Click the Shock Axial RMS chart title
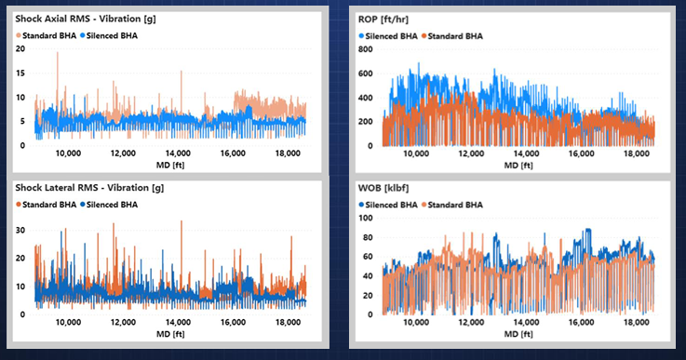click(86, 19)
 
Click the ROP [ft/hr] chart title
click(383, 20)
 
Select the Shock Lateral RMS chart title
click(89, 188)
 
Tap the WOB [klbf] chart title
click(383, 188)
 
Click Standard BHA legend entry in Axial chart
click(46, 36)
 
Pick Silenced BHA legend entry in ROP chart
click(388, 36)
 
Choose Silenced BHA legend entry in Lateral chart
click(109, 205)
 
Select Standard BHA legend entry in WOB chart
click(452, 205)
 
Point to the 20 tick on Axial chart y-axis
click(20, 49)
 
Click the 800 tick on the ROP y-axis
click(365, 49)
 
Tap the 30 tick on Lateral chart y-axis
click(20, 230)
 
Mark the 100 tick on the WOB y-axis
click(365, 218)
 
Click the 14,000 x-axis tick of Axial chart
click(178, 153)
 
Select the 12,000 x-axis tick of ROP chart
click(471, 153)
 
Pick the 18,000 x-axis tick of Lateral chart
click(288, 323)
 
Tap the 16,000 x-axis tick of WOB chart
click(581, 323)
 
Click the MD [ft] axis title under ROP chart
click(518, 166)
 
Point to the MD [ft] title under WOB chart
click(518, 334)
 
